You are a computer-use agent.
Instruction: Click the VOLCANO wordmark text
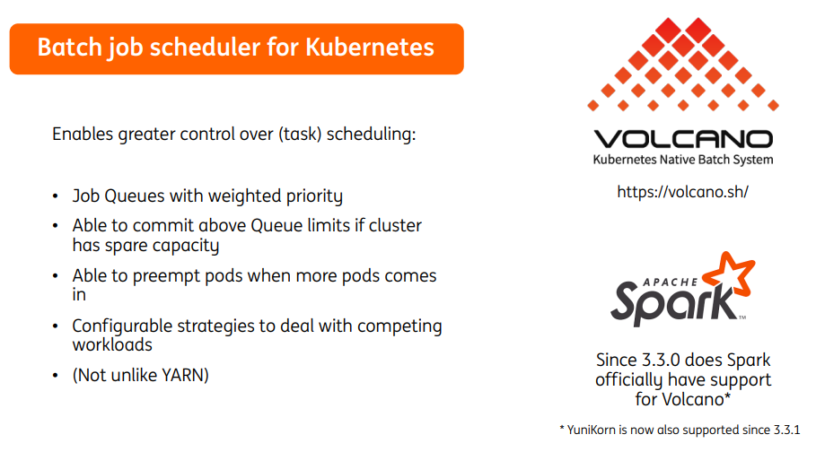coord(682,139)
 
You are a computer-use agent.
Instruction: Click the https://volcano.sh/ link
coord(682,192)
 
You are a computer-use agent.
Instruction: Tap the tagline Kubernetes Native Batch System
coord(682,160)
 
